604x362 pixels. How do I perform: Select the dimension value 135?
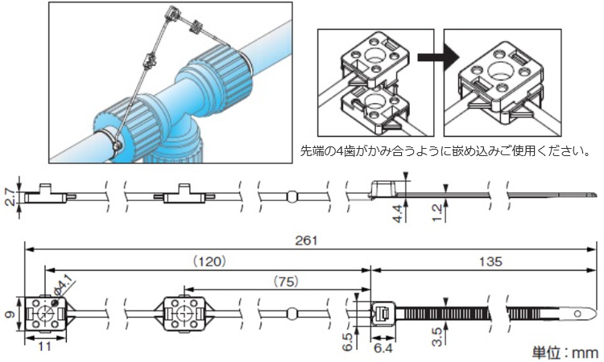coord(490,261)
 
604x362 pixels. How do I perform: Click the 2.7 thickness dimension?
coord(10,194)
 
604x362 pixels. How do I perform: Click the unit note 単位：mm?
coord(565,352)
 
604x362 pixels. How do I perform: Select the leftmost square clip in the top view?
coord(45,312)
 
